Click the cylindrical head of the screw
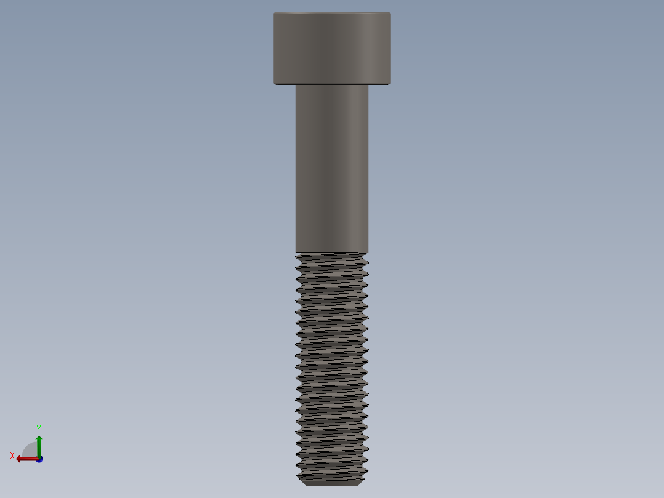[x=331, y=48]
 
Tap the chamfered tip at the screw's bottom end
[x=331, y=481]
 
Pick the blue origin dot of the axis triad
[x=39, y=459]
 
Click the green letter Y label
[x=38, y=428]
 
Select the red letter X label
[x=12, y=456]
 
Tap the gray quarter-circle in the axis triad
[x=31, y=450]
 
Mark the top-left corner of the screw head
[x=274, y=12]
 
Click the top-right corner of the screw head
[x=390, y=12]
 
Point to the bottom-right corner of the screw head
[x=390, y=84]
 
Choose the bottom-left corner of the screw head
[x=274, y=84]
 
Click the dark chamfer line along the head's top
[x=331, y=14]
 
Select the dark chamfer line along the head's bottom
[x=331, y=83]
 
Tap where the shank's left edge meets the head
[x=296, y=84]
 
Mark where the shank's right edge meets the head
[x=368, y=84]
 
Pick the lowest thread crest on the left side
[x=297, y=476]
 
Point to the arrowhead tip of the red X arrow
[x=17, y=459]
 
